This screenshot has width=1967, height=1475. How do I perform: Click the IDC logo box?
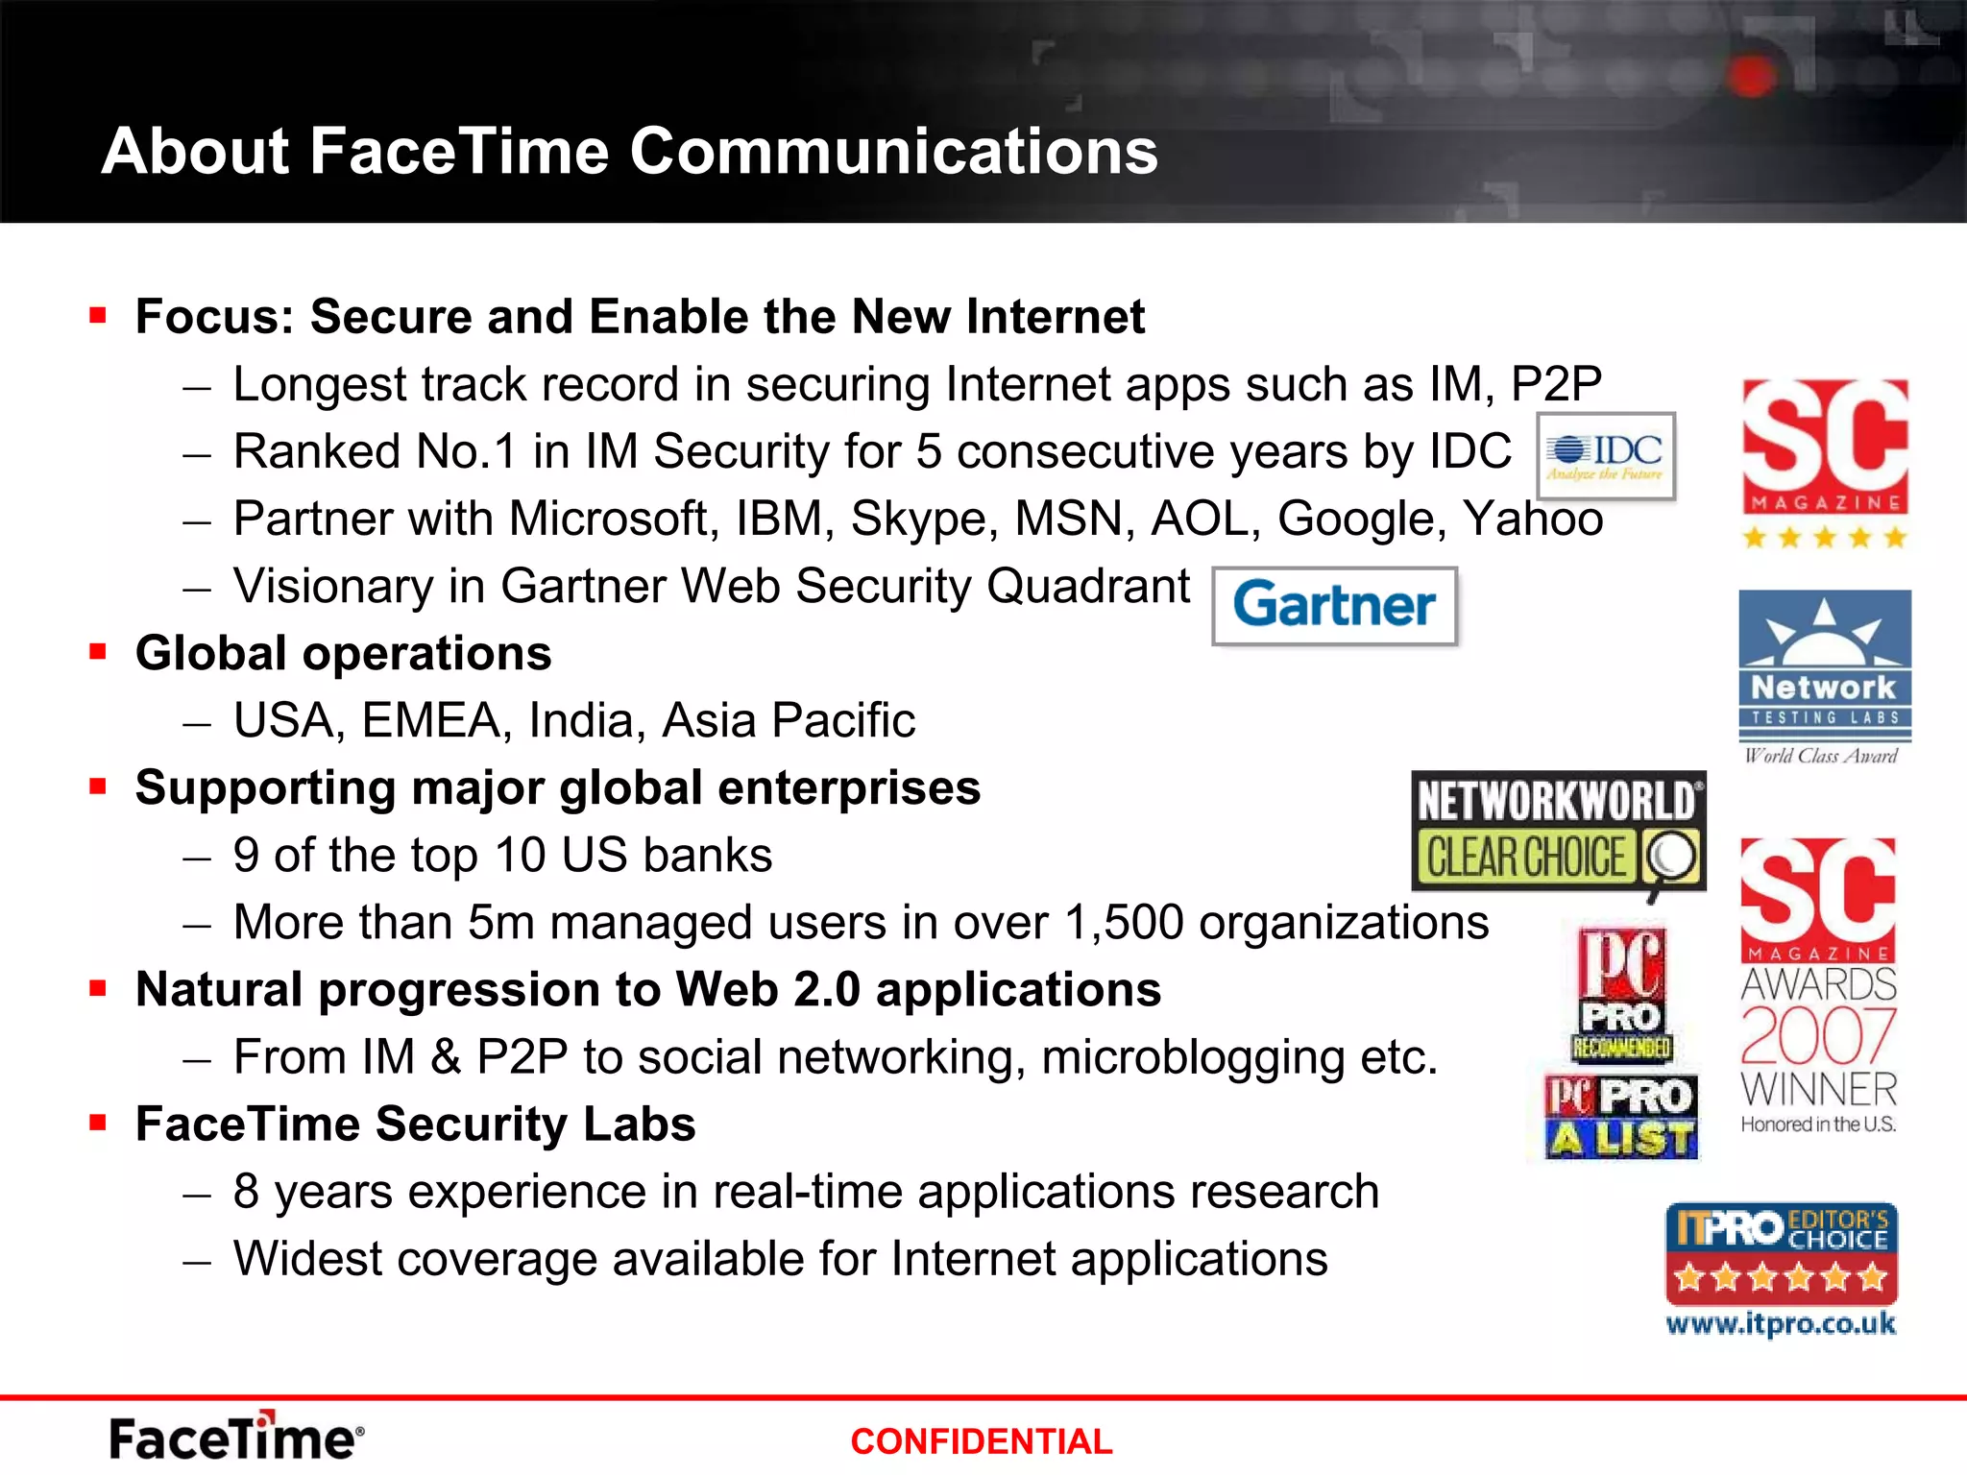(x=1606, y=457)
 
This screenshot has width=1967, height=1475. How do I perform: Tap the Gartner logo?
(x=1334, y=606)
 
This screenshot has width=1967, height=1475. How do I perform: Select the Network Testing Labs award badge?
(x=1824, y=676)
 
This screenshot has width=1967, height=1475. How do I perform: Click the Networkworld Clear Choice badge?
(x=1558, y=832)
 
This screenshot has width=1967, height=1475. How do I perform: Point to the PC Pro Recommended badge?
(x=1622, y=995)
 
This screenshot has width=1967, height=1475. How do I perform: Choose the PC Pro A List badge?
(x=1621, y=1117)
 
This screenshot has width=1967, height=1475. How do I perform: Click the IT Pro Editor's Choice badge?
(x=1781, y=1252)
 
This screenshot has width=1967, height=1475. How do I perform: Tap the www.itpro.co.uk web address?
(x=1781, y=1324)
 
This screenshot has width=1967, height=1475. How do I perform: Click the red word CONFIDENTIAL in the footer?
(x=981, y=1441)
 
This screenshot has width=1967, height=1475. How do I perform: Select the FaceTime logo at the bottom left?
(x=236, y=1437)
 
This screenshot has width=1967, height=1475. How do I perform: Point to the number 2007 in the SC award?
(x=1818, y=1035)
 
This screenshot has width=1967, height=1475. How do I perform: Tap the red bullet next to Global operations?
(x=97, y=653)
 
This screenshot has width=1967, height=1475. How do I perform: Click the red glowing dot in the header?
(x=1752, y=76)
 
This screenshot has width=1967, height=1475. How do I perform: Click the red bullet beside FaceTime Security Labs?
(x=97, y=1123)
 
